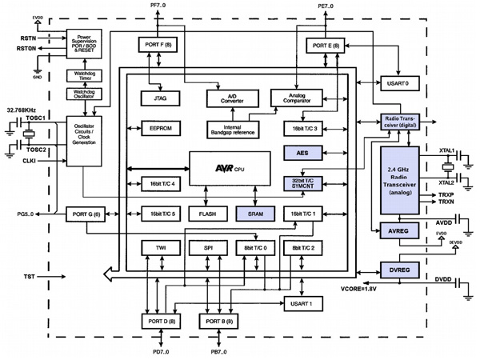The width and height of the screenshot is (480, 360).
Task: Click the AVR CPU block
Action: pos(228,169)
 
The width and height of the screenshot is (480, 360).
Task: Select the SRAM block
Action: pos(255,214)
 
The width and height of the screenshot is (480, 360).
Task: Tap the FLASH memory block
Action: pos(207,214)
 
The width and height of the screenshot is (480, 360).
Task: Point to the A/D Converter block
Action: pos(230,98)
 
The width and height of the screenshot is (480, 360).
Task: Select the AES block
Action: pos(302,153)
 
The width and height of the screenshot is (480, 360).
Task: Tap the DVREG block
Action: pos(399,271)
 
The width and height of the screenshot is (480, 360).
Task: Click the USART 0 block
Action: pos(395,82)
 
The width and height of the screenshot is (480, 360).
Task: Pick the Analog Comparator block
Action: pos(296,98)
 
